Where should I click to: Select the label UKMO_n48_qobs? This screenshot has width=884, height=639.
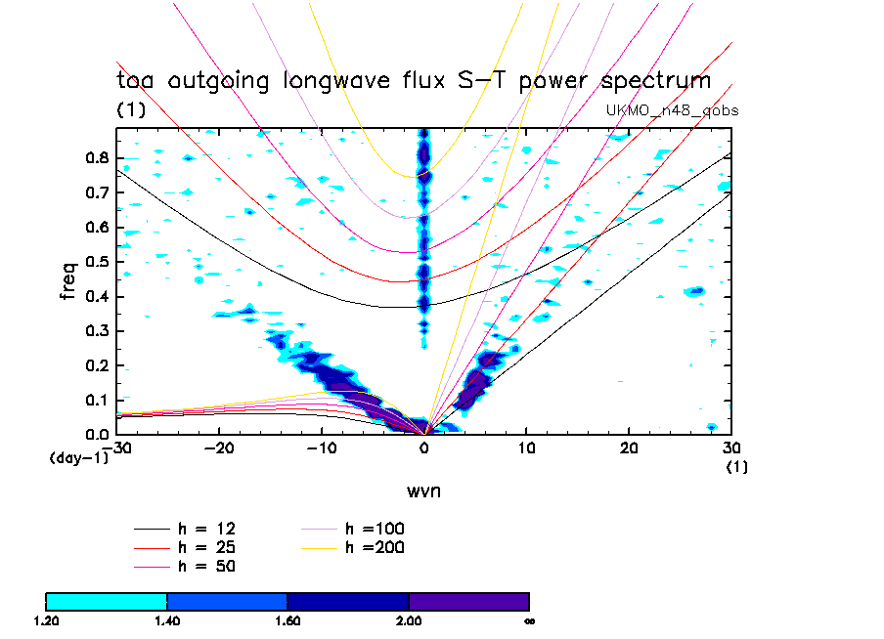[x=673, y=110]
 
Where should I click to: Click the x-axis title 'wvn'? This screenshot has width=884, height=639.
[x=423, y=490]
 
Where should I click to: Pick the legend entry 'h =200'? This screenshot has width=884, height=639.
[x=375, y=547]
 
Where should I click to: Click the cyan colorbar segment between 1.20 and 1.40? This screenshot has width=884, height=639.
[x=107, y=600]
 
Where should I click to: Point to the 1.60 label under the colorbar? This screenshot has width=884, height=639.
[x=287, y=619]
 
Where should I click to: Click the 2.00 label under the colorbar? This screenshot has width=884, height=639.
[x=409, y=619]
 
